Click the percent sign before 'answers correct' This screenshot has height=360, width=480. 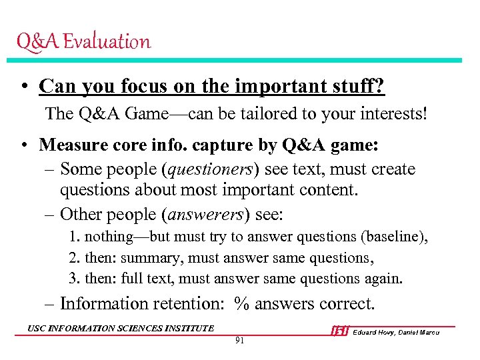coord(241,304)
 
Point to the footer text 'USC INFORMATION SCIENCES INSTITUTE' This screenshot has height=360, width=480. coord(121,328)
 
